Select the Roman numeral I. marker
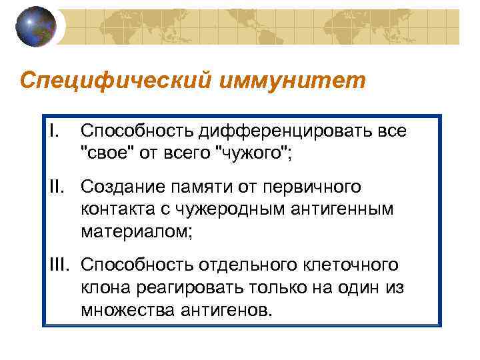coord(55,129)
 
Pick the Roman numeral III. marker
coord(61,264)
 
